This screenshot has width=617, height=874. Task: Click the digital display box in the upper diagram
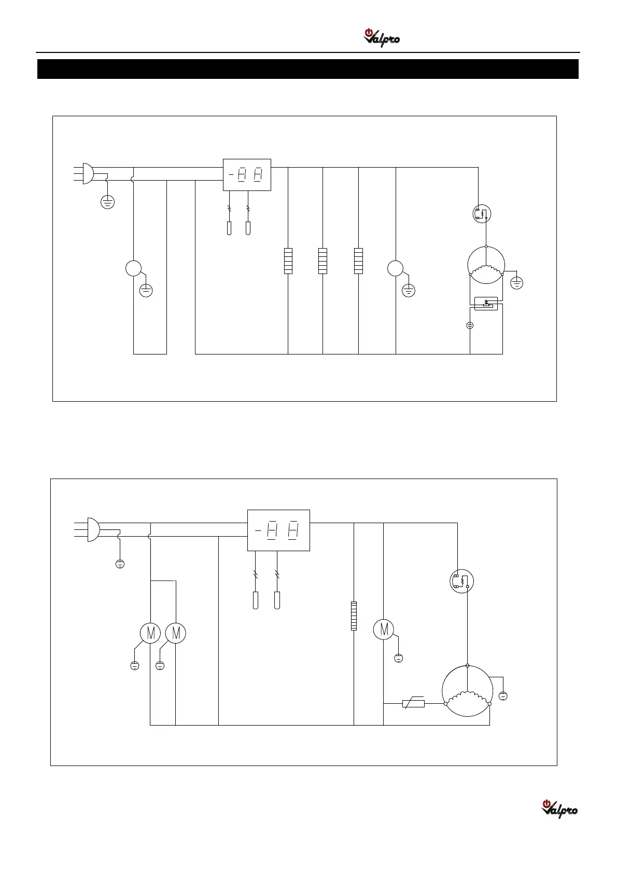click(247, 175)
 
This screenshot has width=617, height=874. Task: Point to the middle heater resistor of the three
click(322, 261)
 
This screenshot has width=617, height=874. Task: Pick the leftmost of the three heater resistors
click(288, 261)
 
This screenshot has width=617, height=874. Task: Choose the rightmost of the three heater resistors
click(358, 261)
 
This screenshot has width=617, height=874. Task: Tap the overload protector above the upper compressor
click(482, 213)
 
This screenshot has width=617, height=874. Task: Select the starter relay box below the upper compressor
click(486, 304)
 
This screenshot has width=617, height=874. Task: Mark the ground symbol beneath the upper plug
click(107, 202)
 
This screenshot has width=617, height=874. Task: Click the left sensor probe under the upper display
click(229, 228)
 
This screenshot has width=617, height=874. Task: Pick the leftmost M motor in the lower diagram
click(150, 633)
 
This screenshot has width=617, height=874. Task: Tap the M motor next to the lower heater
click(384, 630)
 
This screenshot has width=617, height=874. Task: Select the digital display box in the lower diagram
click(278, 530)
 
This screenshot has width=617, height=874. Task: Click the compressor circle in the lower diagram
click(467, 691)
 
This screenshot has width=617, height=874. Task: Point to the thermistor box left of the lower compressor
click(413, 704)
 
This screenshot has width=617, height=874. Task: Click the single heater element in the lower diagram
click(354, 616)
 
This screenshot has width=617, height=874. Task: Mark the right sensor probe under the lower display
click(277, 600)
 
